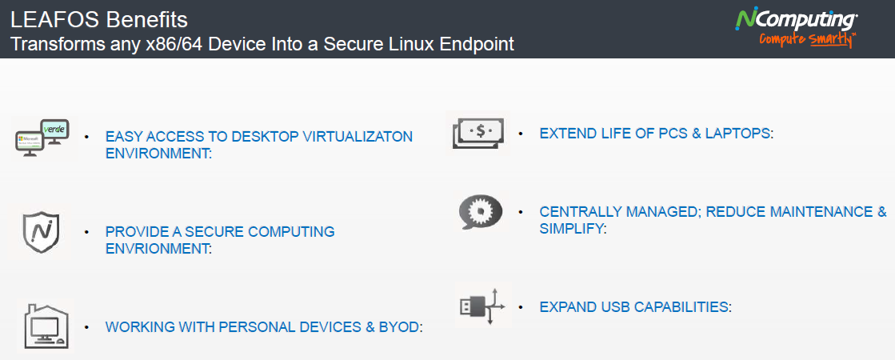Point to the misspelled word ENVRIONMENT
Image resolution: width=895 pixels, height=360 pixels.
[x=157, y=248]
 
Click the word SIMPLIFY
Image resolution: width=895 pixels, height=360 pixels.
[x=571, y=229]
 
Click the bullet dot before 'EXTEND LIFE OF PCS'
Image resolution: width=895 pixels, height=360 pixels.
[x=520, y=132]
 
